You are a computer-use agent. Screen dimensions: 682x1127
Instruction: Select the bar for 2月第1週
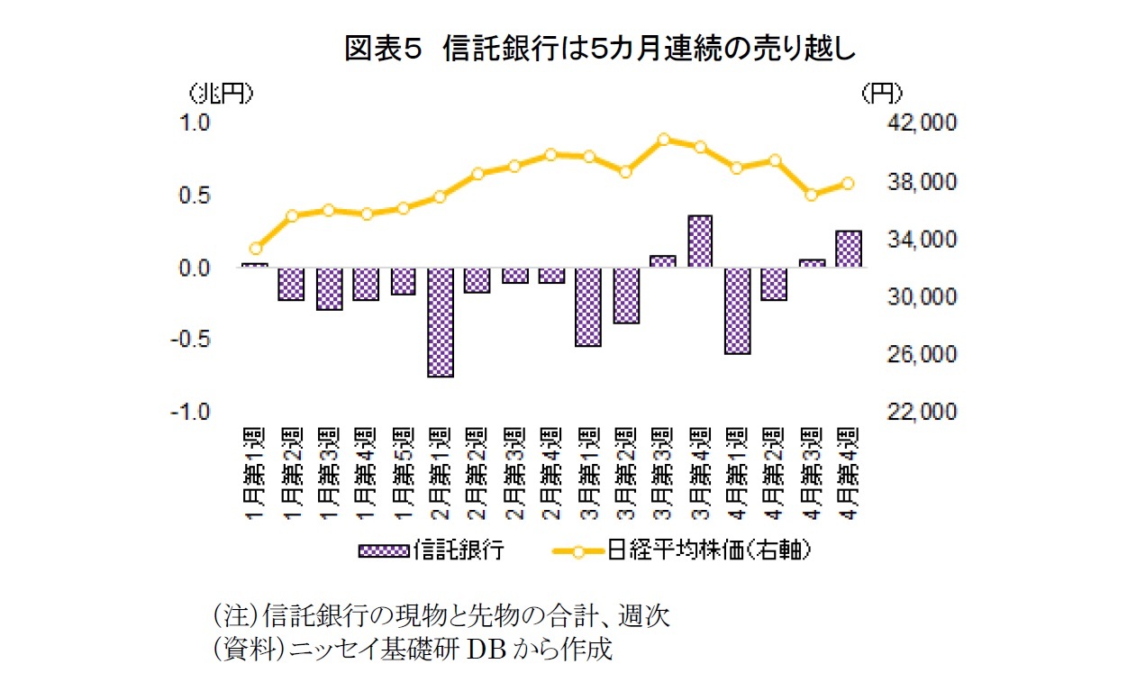(x=441, y=322)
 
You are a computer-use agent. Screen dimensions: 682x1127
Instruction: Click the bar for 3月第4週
(x=700, y=241)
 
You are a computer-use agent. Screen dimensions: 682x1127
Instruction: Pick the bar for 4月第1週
(x=738, y=311)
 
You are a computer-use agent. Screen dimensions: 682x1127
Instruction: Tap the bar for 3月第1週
(x=588, y=306)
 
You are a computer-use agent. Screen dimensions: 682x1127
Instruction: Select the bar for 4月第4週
(x=849, y=249)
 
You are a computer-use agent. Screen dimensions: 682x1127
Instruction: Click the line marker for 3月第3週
(x=663, y=140)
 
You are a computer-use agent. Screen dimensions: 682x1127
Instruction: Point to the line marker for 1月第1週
(x=255, y=248)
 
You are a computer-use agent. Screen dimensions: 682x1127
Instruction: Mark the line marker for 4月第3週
(x=811, y=195)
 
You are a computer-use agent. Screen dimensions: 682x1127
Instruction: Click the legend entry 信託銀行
(x=432, y=550)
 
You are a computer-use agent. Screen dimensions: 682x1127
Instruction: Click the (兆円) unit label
(x=220, y=94)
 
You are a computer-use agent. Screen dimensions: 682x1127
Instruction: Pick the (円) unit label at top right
(x=881, y=94)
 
